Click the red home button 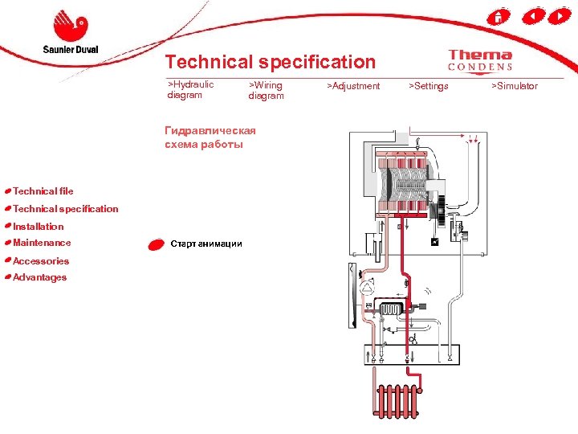tap(499, 16)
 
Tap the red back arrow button tap(531, 16)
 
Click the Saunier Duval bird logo tap(70, 27)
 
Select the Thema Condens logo tap(480, 60)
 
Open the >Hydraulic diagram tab tap(190, 90)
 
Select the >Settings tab tap(429, 86)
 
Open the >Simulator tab tap(515, 86)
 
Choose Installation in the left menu tap(38, 227)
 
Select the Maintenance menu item tap(42, 243)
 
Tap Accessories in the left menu tap(40, 261)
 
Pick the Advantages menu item tap(39, 277)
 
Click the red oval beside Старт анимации tap(156, 244)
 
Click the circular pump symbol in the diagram tap(368, 287)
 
